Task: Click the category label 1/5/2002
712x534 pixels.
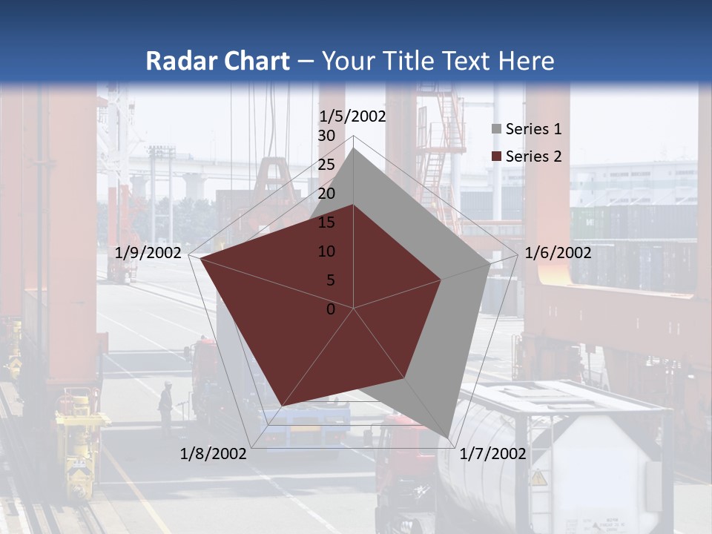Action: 353,116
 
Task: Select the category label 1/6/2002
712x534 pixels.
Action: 558,253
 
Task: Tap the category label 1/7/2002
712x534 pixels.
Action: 492,454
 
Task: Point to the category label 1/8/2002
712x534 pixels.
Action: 214,454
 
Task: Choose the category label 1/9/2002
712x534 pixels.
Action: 148,253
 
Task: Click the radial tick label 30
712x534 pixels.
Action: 326,136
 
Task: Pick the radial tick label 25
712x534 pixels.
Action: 326,165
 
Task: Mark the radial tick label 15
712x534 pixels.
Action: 326,222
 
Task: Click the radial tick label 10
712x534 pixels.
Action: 326,251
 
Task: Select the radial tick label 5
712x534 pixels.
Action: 330,280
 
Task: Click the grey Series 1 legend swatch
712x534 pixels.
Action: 496,130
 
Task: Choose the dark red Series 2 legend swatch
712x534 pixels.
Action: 496,156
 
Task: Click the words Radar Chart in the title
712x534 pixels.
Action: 217,61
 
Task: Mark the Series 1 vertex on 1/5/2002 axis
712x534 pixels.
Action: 354,148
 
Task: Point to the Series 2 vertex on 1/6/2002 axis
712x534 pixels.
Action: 441,280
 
